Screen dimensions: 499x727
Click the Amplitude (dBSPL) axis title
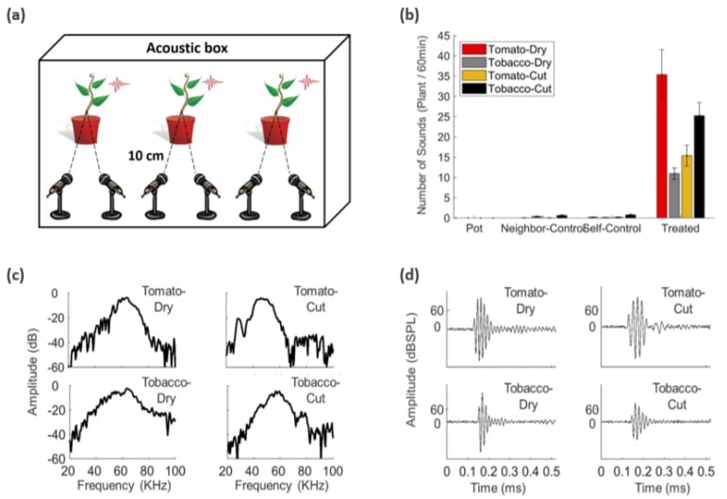413,374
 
